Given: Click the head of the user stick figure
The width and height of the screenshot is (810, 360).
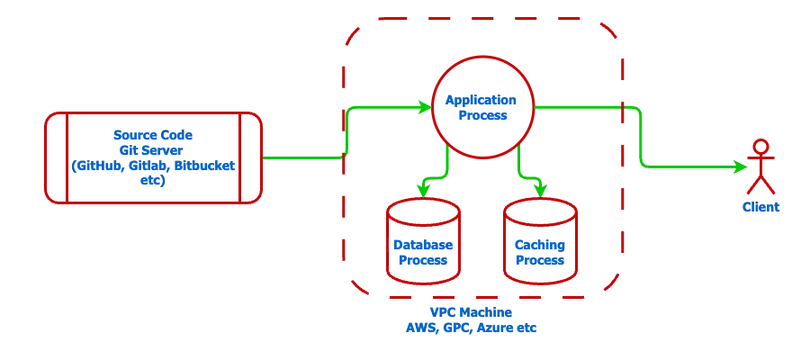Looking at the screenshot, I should (762, 147).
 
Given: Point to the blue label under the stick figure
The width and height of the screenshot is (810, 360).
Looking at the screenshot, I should (761, 208).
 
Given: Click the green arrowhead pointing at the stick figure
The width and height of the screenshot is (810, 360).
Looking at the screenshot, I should (743, 166).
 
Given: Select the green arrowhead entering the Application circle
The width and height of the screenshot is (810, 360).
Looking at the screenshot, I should (426, 106).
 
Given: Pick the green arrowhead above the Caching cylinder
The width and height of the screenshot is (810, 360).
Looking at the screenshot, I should (539, 190).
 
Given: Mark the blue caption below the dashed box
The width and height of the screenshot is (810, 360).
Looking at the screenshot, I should (483, 321).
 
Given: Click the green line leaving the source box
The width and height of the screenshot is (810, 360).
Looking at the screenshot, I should (301, 157).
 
